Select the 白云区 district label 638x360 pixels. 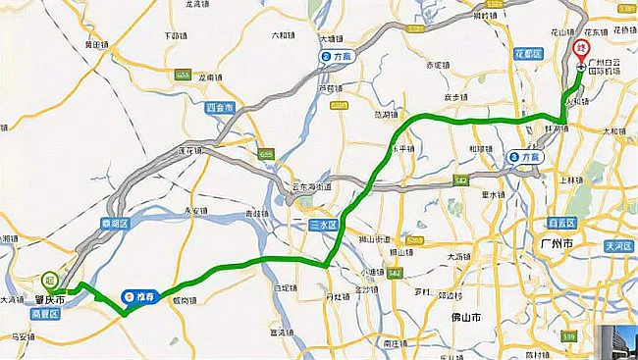[x=561, y=224]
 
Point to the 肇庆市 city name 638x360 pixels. [x=44, y=298]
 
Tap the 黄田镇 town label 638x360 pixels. [x=96, y=45]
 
